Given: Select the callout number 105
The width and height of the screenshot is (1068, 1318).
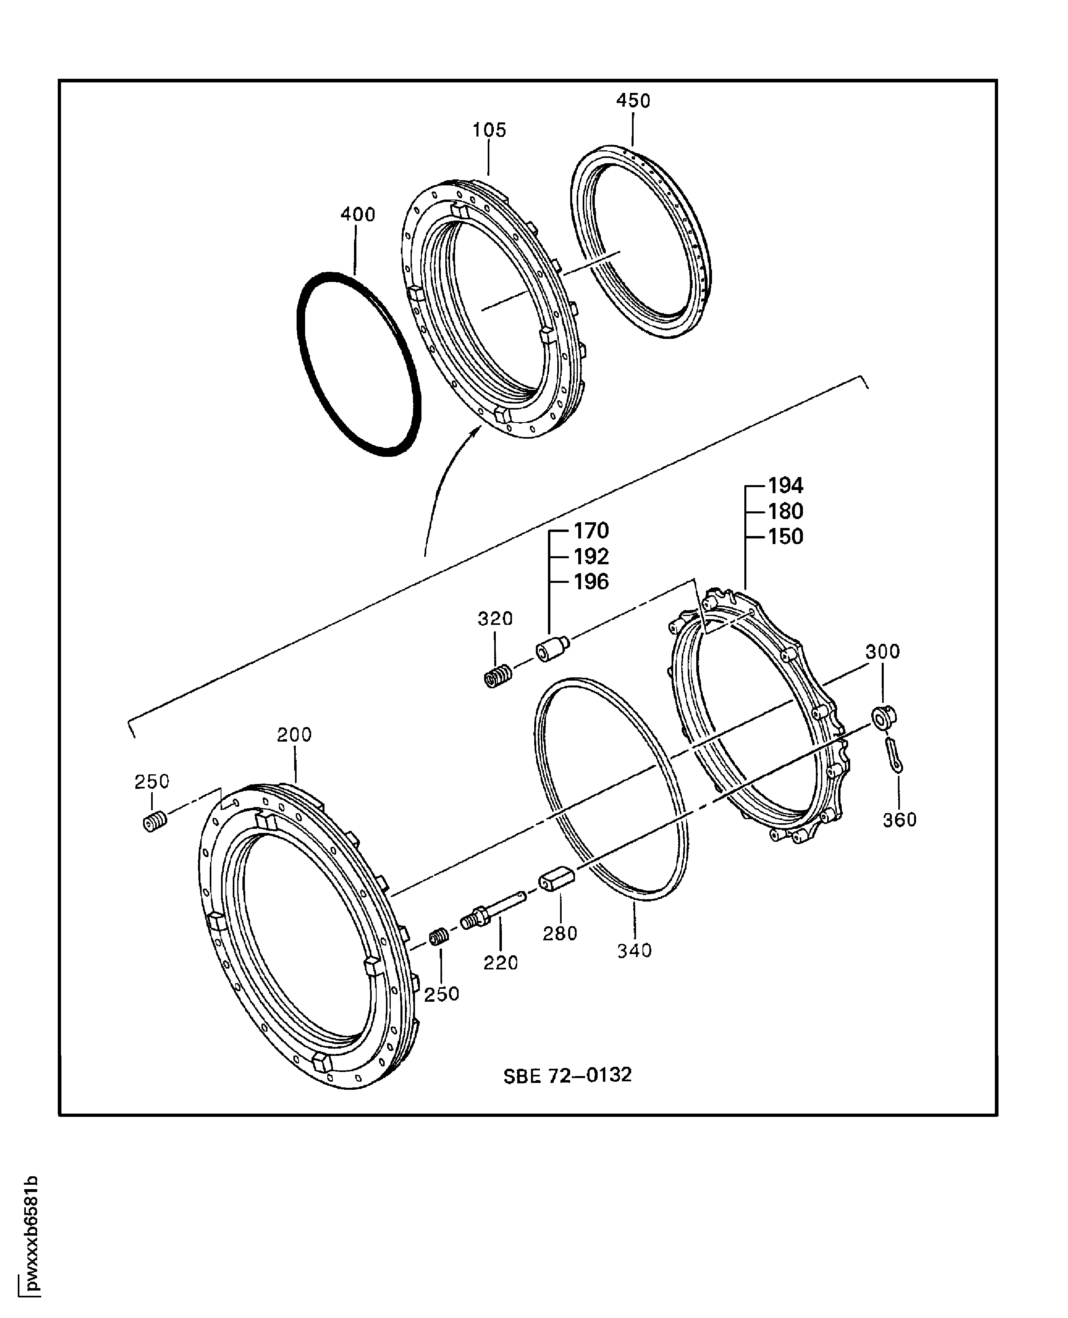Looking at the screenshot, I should tap(489, 130).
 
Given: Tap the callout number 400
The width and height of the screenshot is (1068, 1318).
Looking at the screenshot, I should tap(358, 214).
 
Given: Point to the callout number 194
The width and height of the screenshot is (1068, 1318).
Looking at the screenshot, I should tap(786, 486).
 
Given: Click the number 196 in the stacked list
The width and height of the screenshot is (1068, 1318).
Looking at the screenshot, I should tap(591, 582).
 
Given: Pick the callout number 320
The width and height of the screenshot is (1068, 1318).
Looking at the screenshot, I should tap(495, 619).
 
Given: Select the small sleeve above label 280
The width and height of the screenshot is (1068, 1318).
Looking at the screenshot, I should tap(557, 881).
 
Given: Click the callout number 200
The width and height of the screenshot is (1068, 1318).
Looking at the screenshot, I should tap(294, 735).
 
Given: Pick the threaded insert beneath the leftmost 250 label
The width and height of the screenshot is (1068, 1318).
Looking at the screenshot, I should tap(154, 822).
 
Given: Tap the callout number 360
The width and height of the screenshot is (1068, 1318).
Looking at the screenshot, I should tap(899, 820).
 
